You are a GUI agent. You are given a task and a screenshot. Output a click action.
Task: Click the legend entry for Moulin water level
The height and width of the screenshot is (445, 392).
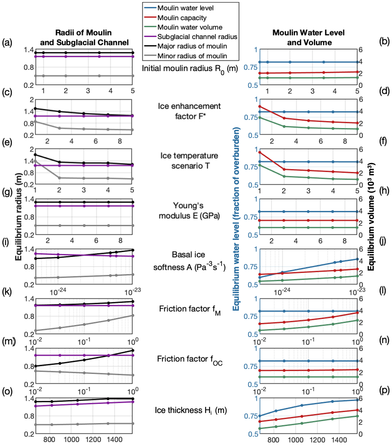coord(186,8)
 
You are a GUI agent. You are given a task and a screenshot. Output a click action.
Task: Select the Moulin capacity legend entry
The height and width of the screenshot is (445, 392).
coord(182,18)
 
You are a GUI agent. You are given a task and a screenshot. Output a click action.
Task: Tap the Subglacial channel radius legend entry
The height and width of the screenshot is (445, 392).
coord(197,37)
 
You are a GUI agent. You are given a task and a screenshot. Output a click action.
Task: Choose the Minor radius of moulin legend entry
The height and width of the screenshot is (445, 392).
coord(192,56)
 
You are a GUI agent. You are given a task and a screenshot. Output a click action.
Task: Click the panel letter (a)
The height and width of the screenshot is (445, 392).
coord(7,43)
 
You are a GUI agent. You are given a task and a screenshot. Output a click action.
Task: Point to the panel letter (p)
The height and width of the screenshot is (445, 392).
coord(384,390)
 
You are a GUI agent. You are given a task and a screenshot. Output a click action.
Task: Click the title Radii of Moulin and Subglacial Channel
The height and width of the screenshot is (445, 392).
coord(84,38)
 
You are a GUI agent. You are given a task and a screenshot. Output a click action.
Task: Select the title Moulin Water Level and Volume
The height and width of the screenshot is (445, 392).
coord(309,38)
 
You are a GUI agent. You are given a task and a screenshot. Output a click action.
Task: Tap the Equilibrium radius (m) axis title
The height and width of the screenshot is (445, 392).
coord(19,217)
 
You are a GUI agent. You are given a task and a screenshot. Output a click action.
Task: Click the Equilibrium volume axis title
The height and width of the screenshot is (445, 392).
coord(371,217)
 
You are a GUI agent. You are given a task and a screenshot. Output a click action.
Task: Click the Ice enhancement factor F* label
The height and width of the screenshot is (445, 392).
coord(190,111)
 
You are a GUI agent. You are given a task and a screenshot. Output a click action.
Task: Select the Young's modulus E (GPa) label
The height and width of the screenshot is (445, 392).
coord(189,211)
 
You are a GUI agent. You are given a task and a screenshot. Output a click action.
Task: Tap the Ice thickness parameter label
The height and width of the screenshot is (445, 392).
coord(191,410)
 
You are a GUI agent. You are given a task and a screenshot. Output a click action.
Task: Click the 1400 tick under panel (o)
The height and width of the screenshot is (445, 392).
coord(115,440)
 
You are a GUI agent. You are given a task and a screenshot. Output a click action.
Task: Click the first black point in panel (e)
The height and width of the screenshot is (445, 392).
coord(35,155)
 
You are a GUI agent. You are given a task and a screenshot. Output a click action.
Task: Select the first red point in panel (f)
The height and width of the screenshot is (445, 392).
coord(260,153)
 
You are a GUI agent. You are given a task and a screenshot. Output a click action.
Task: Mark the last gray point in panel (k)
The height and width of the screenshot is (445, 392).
coord(133,316)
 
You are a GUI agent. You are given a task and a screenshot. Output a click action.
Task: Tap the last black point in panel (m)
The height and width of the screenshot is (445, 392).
coord(133,350)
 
